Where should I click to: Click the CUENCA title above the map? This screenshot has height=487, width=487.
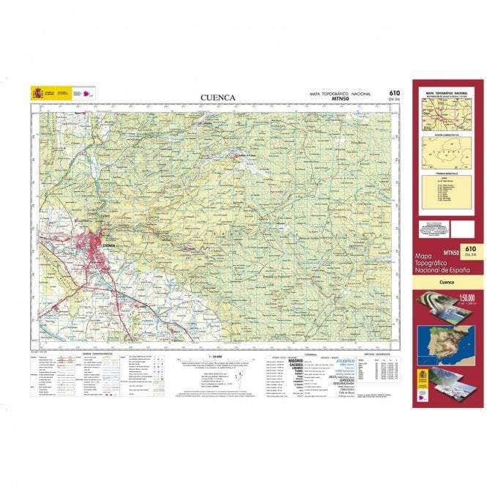(218, 97)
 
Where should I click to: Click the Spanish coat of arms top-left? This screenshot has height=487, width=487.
(37, 93)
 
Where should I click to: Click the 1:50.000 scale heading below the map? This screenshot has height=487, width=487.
(215, 356)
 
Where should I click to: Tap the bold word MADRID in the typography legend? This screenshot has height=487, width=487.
(296, 360)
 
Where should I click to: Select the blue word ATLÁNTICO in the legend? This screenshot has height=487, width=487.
(346, 361)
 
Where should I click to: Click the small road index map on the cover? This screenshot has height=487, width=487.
(445, 116)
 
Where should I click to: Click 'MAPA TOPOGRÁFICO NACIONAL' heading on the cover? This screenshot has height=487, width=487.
(445, 93)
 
